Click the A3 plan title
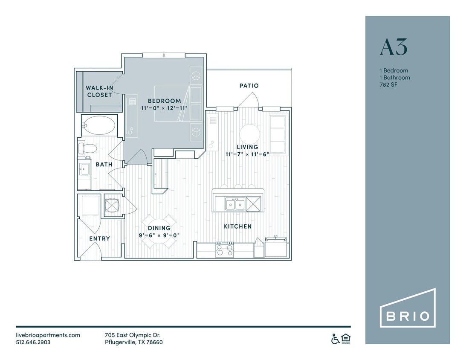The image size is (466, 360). (x=394, y=47)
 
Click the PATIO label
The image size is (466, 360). (x=249, y=86)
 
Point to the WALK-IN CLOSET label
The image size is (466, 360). (x=99, y=91)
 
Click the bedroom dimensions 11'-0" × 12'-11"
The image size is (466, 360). (x=164, y=108)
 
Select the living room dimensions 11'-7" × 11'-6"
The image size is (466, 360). (x=247, y=154)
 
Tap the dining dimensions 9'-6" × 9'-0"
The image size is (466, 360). (x=159, y=235)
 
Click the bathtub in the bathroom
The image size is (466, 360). (x=99, y=125)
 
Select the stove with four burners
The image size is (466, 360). (x=225, y=249)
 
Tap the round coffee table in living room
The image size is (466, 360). (x=249, y=134)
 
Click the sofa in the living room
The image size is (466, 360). (x=278, y=134)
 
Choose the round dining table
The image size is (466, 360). (x=159, y=231)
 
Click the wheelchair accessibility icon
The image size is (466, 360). (x=336, y=339)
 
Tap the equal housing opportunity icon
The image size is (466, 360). (x=346, y=339)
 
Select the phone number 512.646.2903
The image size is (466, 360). (x=33, y=342)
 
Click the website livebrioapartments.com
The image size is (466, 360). (x=48, y=335)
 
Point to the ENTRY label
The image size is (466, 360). (x=99, y=238)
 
